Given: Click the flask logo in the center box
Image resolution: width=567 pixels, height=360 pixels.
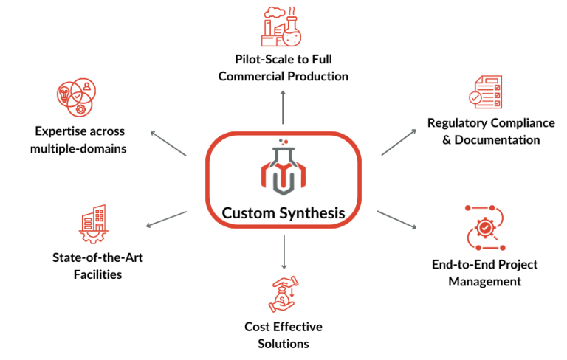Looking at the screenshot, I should [x=283, y=170].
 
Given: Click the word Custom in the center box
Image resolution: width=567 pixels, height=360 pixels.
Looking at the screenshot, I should [x=247, y=214].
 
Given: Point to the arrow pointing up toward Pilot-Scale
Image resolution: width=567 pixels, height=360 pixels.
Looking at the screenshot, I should [x=283, y=108].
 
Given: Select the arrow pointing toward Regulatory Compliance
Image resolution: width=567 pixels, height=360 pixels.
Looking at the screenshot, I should [x=399, y=142].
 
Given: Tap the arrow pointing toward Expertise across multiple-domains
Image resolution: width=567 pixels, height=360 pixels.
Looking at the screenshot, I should [x=169, y=143].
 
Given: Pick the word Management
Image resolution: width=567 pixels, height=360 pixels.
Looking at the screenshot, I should [x=484, y=281].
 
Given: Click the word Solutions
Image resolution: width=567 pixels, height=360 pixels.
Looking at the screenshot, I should [x=283, y=343].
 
